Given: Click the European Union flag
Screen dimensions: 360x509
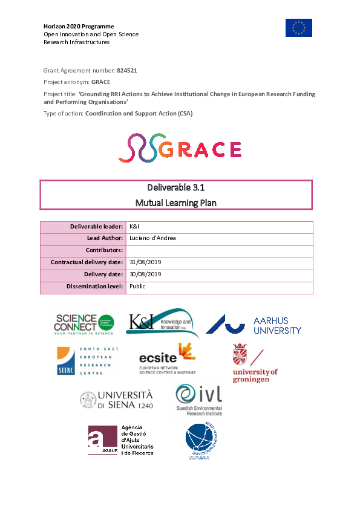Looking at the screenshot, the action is coord(299,27).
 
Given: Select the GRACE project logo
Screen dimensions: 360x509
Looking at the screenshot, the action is coord(180,149).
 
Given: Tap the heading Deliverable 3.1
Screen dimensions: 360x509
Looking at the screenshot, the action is coord(176,187).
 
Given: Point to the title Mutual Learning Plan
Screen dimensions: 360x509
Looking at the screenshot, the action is coord(176,203).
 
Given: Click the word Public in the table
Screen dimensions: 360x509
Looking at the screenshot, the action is coord(137,287).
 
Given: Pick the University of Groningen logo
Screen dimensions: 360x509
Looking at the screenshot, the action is coord(255,363).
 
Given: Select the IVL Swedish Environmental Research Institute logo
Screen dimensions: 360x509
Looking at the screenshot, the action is coord(198,399).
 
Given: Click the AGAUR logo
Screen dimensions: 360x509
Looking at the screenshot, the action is coord(120,439).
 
